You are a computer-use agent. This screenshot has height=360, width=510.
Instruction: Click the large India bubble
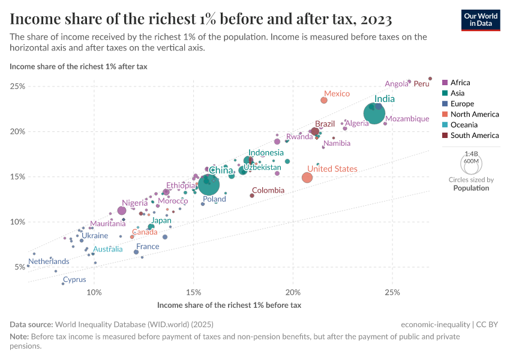point(374,114)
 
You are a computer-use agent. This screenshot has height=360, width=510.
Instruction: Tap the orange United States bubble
point(307,178)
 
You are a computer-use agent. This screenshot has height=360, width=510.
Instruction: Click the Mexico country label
point(337,94)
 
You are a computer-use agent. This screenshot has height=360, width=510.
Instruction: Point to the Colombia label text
point(268,190)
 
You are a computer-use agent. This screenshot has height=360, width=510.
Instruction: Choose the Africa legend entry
point(460,83)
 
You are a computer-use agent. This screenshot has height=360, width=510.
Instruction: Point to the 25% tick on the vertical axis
point(17,86)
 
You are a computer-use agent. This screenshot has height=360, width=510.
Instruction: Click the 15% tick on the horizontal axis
point(193,292)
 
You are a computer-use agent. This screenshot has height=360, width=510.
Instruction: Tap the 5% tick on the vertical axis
point(19,267)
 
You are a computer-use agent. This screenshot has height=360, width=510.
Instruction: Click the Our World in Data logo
point(481,19)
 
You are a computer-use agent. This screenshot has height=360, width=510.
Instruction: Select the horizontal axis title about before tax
point(229,305)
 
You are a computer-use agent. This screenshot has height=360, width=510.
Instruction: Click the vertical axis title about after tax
point(78,67)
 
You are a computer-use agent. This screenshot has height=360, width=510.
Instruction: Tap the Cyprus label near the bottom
point(74,280)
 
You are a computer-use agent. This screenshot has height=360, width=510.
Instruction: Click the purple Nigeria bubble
point(122,211)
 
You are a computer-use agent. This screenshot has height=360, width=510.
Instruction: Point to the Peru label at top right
point(422,84)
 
